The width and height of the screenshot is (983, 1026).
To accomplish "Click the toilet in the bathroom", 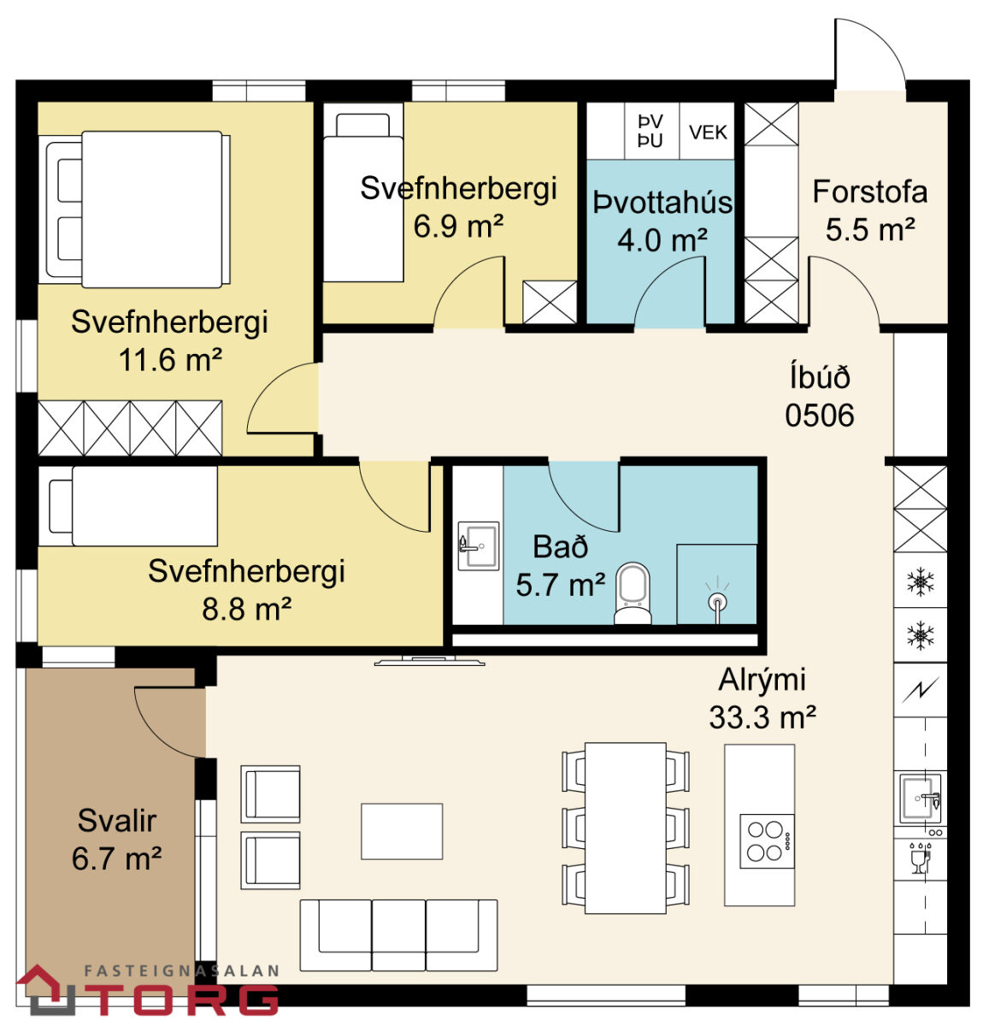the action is (632, 593).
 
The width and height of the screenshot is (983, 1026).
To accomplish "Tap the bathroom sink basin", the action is (478, 545).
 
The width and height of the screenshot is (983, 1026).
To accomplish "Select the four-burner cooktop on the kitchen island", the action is (767, 840).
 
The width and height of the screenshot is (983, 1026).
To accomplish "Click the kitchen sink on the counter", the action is (920, 799).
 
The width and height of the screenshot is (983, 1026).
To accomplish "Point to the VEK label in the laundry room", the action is (708, 132).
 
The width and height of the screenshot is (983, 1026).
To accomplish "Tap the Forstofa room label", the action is (869, 192).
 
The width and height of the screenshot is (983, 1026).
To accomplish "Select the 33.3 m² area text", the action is (762, 717).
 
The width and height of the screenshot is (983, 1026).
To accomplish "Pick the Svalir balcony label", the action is (116, 821).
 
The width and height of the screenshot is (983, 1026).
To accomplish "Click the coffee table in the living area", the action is (401, 831).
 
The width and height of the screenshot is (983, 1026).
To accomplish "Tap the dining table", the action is (625, 828).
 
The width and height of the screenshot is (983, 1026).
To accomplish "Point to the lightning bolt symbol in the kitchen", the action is (920, 690).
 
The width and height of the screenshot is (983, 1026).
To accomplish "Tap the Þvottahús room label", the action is (662, 203).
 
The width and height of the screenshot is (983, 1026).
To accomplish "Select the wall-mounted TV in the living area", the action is (429, 661).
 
